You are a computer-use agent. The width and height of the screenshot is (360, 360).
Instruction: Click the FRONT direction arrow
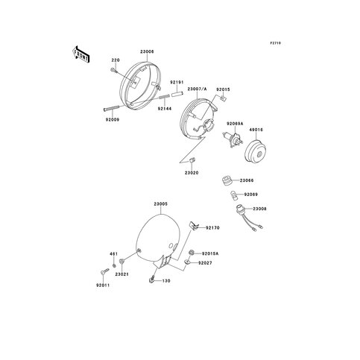coord(80,54)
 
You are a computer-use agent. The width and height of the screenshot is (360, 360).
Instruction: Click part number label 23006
coord(147,51)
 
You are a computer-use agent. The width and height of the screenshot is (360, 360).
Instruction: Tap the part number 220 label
coord(116,60)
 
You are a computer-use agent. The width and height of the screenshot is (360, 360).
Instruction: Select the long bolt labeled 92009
coord(111,108)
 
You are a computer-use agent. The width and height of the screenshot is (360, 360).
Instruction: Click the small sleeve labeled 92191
coord(177,95)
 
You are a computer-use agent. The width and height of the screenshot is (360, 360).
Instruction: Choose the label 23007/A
coord(197,89)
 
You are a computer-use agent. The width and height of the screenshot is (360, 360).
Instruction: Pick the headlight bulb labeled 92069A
coord(233,139)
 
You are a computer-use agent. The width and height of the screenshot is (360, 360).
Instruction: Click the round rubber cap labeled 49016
coord(256,151)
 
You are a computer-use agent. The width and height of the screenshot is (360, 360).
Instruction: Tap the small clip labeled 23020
coord(192,160)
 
